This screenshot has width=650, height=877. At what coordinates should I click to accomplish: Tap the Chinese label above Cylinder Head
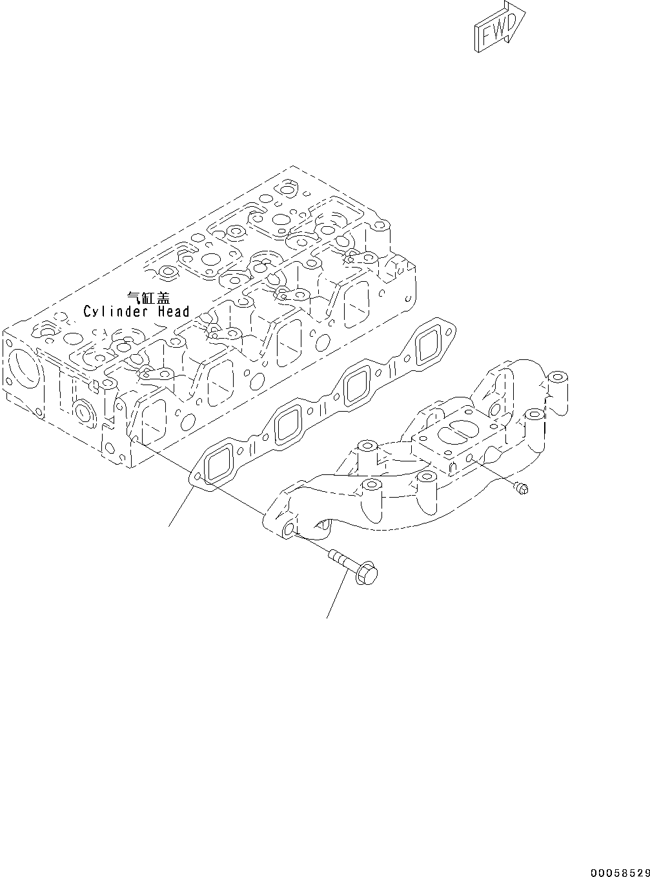click(x=148, y=298)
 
